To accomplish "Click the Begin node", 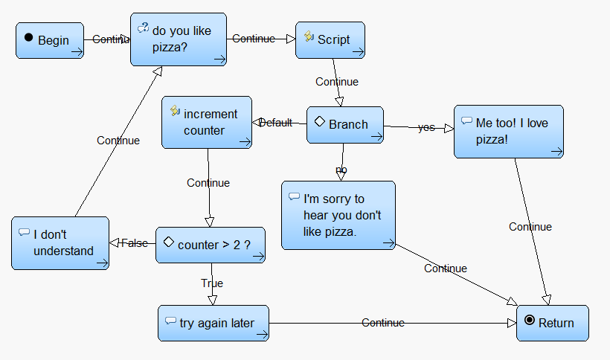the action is pos(50,40).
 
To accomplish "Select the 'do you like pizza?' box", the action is pos(179,39).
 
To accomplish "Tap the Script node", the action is pos(330,40).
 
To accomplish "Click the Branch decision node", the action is pos(345,125).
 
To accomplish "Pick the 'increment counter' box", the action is pos(207,122).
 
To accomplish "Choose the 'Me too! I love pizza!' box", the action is pos(509,132).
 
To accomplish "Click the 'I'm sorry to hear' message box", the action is pos(338,215).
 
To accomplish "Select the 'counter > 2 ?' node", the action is pos(211,245).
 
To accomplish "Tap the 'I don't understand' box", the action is pos(60,243).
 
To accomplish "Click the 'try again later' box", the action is pos(213,323).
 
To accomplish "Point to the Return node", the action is pos(553,323).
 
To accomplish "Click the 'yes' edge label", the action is pos(426,127).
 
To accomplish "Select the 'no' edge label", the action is pos(341,170).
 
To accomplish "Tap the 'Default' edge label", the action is pos(275,123).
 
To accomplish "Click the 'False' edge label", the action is pos(135,243).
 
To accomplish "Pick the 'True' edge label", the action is pos(212,283).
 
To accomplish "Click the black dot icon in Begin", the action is pos(28,37).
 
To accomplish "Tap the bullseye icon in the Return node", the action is pos(529,320).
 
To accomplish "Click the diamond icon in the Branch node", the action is pos(319,121).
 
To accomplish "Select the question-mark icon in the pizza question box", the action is pos(143,28).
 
